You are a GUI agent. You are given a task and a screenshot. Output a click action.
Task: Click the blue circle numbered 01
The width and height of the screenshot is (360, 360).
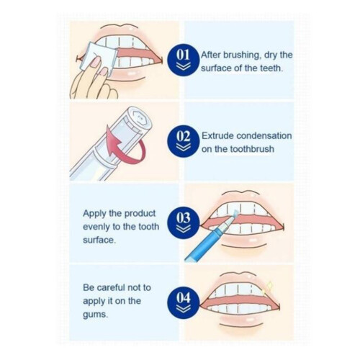point(184,60)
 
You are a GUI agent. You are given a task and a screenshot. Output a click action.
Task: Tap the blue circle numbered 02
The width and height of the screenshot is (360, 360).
point(184,142)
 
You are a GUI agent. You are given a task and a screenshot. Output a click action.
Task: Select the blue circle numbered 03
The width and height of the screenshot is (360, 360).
point(184,222)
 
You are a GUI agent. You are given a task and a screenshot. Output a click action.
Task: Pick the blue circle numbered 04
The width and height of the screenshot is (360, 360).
point(184,303)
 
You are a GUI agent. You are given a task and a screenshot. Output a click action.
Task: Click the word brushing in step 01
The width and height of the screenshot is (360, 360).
point(242,55)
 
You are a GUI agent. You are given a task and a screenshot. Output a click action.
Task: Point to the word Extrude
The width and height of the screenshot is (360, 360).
point(217,136)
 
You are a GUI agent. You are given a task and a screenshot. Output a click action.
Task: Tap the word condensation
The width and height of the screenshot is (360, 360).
point(264,136)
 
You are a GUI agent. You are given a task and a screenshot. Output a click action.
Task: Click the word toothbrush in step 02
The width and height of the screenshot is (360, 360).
point(252,149)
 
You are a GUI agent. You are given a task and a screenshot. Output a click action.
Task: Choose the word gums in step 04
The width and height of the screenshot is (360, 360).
point(95,315)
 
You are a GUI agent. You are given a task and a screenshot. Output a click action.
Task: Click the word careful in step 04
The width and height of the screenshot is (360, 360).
point(112,287)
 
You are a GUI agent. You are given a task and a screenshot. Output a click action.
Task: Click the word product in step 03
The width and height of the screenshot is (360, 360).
point(140,214)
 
